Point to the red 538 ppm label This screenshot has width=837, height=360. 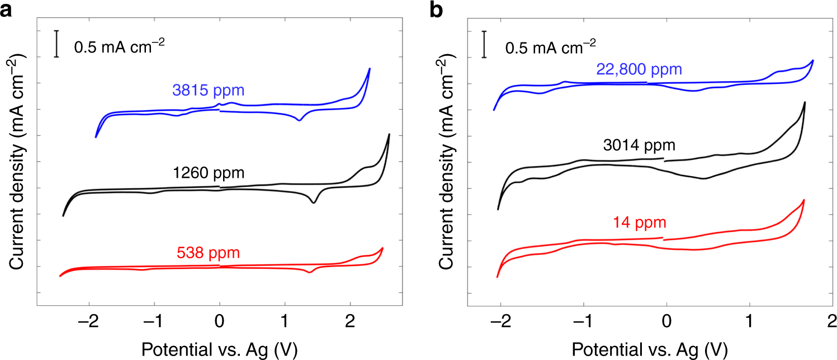208,253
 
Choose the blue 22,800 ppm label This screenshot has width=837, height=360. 639,70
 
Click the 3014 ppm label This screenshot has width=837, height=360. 639,146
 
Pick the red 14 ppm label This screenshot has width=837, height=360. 639,223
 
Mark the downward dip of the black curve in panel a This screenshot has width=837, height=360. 313,202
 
